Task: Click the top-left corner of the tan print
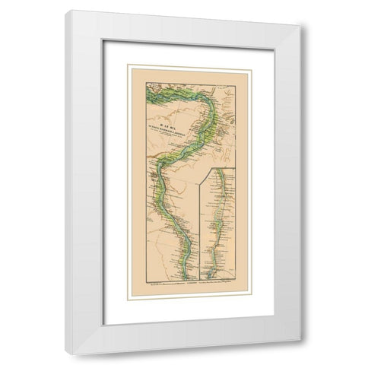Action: point(126,65)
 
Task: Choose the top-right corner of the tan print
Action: point(250,65)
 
